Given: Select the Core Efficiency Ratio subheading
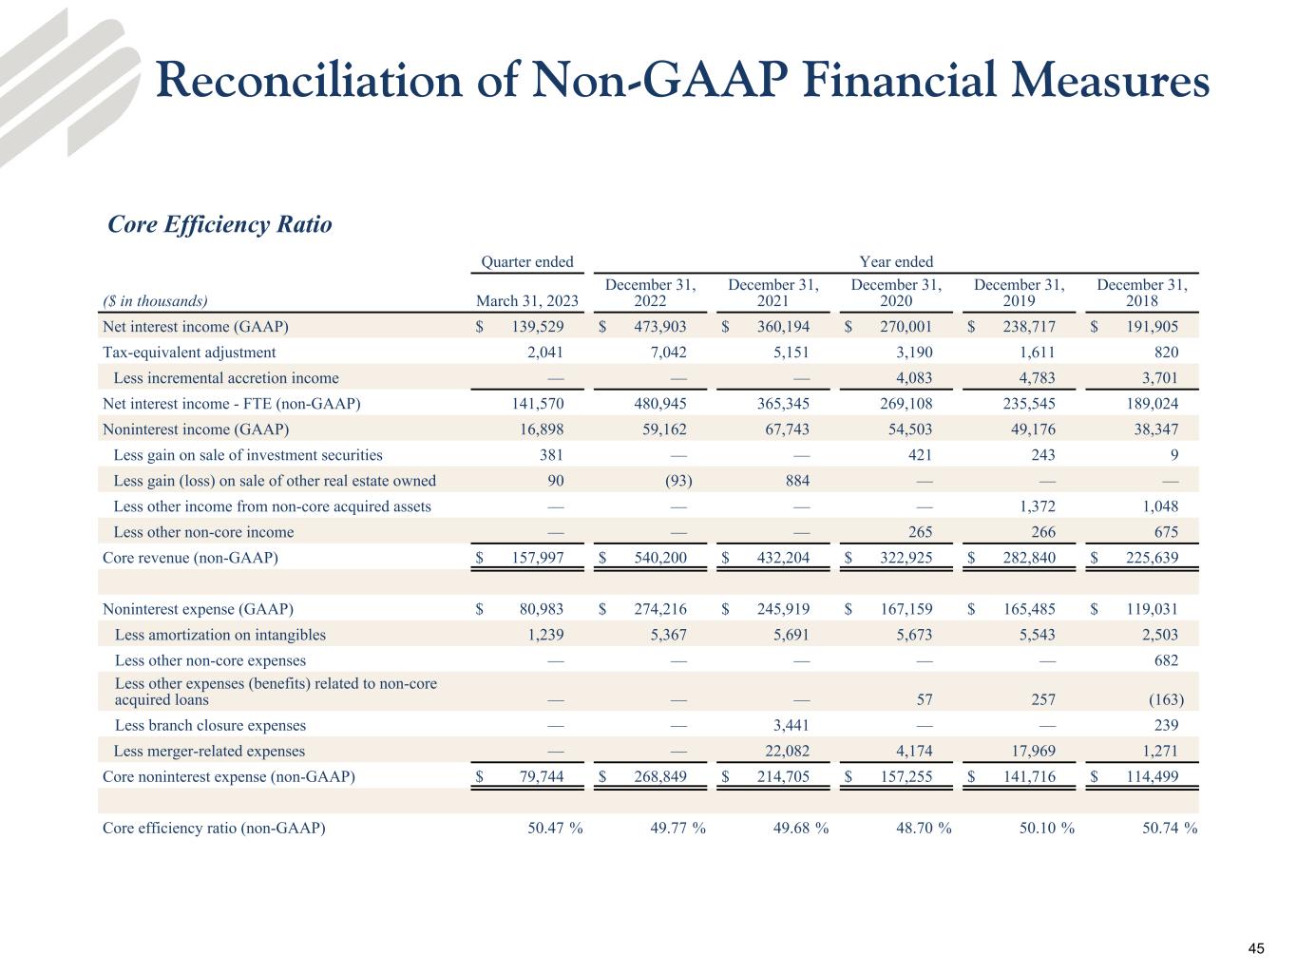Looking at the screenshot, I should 219,225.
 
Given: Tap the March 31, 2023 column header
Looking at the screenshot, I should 526,301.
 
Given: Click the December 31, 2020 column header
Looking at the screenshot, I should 896,293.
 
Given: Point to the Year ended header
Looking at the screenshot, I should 896,261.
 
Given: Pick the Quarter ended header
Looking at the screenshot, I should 526,261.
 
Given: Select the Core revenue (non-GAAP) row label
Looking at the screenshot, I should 190,558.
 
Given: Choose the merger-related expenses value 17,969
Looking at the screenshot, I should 1030,752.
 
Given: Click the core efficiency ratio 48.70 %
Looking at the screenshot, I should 924,828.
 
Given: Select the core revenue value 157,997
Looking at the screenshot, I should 537,558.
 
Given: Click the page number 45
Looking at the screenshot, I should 1256,948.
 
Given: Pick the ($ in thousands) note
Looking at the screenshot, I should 154,301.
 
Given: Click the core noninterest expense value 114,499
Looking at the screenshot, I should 1152,777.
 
